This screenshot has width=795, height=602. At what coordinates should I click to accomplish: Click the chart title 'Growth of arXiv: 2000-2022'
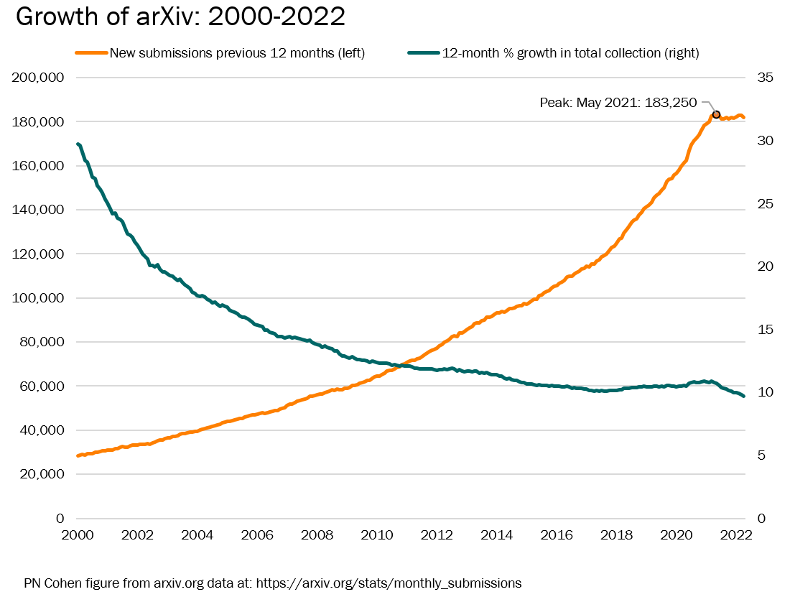(x=180, y=18)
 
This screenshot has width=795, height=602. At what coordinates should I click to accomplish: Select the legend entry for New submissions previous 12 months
(x=237, y=53)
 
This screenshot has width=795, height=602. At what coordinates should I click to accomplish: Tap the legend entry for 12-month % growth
(x=570, y=53)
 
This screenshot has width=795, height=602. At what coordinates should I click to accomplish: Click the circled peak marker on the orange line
(x=716, y=115)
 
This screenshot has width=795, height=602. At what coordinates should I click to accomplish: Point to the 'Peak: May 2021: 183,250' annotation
(x=618, y=103)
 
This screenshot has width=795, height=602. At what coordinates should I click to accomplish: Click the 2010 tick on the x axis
(x=377, y=536)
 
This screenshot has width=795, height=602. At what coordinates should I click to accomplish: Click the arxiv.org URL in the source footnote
(x=389, y=583)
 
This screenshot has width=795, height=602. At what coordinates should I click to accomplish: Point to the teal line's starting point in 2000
(x=78, y=144)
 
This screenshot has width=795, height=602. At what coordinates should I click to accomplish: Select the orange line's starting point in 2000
(x=78, y=455)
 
